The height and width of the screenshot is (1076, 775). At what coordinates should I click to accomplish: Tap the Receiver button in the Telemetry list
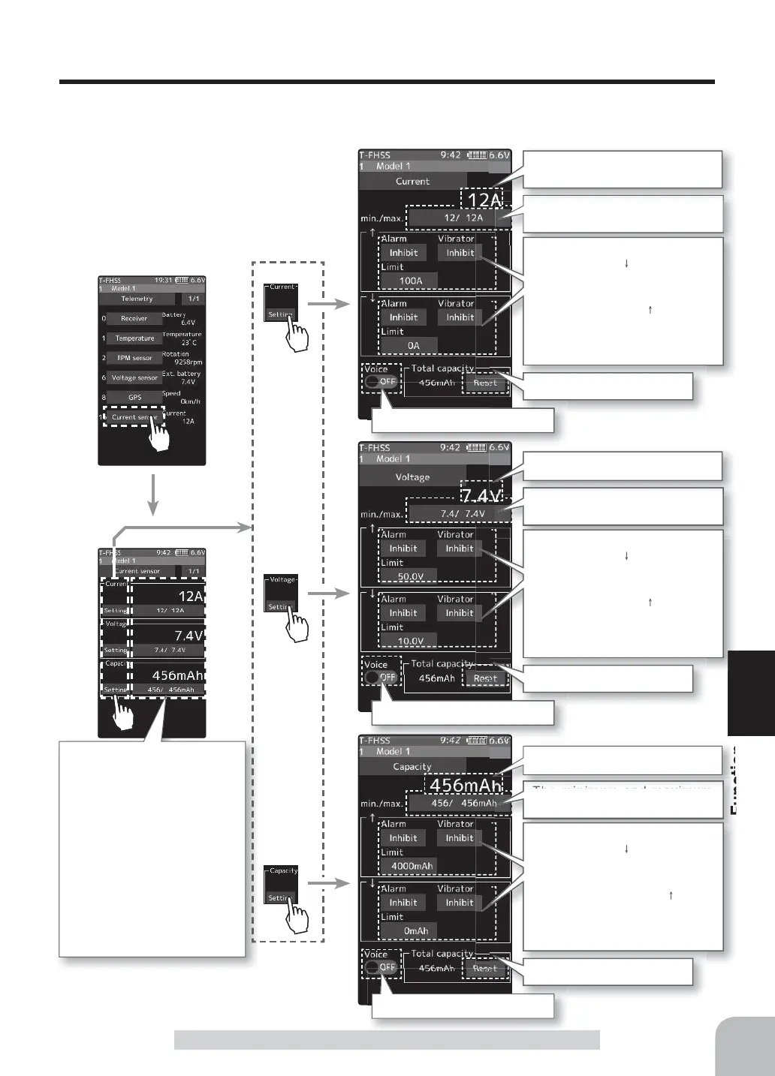(134, 319)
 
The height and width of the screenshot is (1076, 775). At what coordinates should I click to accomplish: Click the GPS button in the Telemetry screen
(134, 398)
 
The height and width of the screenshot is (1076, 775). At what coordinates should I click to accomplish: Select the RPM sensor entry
(134, 358)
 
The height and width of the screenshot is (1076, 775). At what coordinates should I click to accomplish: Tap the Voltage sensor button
(134, 378)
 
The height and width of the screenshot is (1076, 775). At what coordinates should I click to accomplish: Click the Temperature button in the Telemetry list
(134, 338)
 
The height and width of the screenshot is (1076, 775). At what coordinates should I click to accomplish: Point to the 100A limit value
(410, 281)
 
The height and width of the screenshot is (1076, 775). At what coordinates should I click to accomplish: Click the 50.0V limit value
(410, 576)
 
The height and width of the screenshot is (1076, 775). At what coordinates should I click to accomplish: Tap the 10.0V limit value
(410, 641)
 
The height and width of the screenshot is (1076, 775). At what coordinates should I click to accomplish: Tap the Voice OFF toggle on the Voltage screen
(381, 677)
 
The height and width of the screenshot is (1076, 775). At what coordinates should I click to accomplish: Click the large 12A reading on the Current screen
(484, 200)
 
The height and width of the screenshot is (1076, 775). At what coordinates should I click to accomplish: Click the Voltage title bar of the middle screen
(412, 476)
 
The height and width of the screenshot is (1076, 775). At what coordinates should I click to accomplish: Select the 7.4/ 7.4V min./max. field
(462, 514)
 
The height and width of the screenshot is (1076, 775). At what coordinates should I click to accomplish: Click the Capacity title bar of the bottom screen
(412, 766)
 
